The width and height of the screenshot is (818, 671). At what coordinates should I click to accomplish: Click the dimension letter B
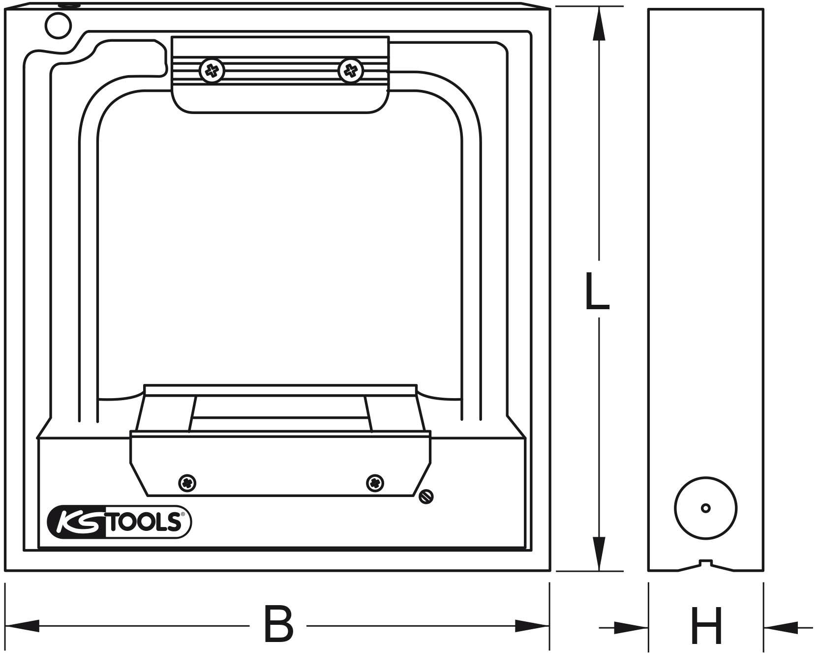(x=278, y=625)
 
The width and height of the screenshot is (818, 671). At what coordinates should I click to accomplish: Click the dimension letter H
(x=706, y=626)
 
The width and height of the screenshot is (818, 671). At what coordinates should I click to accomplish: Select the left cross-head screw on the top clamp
(x=212, y=72)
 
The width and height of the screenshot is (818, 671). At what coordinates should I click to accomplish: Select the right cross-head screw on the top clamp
(x=351, y=71)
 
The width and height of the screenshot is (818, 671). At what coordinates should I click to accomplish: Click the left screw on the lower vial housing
(x=187, y=483)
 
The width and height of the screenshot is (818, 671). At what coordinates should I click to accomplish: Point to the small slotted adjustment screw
(x=426, y=497)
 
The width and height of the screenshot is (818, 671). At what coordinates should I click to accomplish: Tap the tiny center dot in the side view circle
(x=705, y=508)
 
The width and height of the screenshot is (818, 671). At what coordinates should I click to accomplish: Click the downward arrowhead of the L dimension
(x=599, y=553)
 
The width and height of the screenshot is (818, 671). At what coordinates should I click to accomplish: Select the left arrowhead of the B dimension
(x=22, y=626)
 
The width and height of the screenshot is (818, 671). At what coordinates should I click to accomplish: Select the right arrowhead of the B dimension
(x=532, y=626)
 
